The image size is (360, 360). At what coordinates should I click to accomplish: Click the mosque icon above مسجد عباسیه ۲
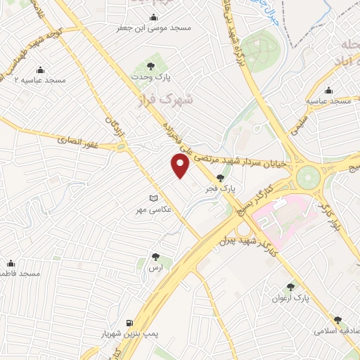(39, 69)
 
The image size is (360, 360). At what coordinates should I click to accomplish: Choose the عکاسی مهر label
(154, 210)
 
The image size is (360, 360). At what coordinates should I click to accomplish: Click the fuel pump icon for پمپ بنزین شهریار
(129, 323)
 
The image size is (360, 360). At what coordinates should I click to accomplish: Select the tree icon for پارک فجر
(221, 178)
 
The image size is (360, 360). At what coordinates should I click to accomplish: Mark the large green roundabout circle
(308, 176)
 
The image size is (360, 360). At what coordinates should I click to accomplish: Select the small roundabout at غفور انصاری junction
(122, 148)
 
